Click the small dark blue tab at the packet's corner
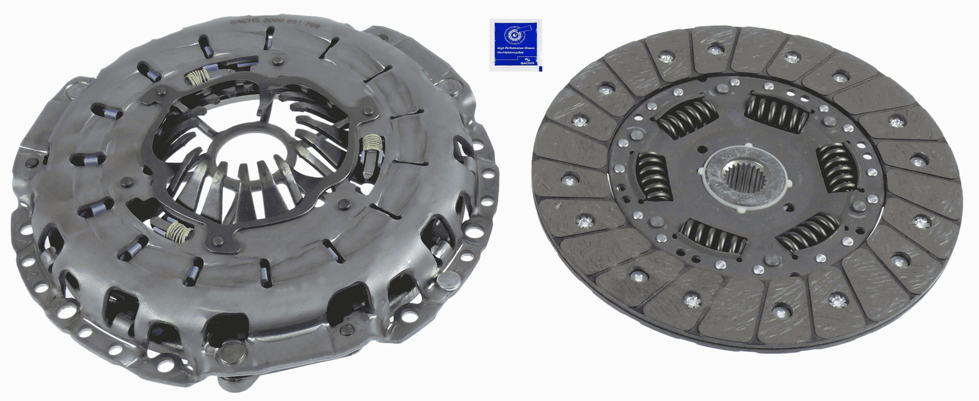[x=540, y=69]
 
